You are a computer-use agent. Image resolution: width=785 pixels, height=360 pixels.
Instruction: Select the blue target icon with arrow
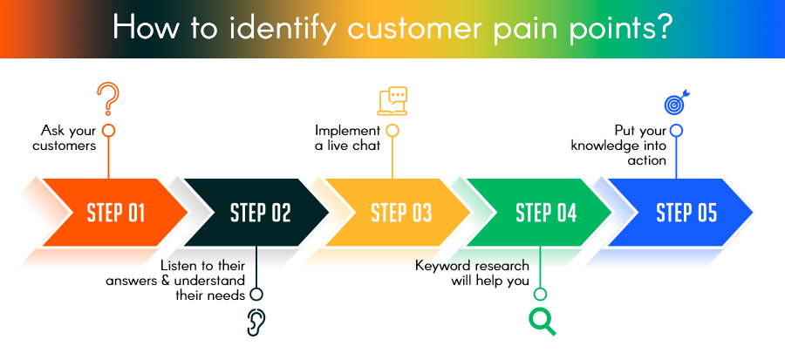(676, 103)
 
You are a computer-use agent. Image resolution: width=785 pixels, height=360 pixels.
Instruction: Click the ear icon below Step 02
(255, 323)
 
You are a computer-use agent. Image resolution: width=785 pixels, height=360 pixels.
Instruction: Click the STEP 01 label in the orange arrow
(116, 213)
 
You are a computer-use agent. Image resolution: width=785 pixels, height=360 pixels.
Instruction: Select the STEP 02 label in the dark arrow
(260, 213)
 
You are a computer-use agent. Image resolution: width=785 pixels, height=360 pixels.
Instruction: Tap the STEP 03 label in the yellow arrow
(401, 213)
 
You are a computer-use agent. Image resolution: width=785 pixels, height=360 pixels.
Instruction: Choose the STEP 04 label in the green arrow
(546, 213)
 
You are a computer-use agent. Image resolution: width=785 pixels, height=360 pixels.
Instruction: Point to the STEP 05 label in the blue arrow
(686, 213)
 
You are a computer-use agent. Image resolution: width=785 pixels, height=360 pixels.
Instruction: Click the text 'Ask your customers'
(65, 138)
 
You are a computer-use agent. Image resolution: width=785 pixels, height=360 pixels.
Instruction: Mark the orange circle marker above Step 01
(108, 130)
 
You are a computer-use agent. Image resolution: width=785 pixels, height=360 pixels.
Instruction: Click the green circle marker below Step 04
(540, 294)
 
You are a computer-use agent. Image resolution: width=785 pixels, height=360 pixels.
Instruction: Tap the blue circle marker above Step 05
(676, 130)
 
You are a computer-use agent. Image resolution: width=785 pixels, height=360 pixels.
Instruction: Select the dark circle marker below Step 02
(256, 294)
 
